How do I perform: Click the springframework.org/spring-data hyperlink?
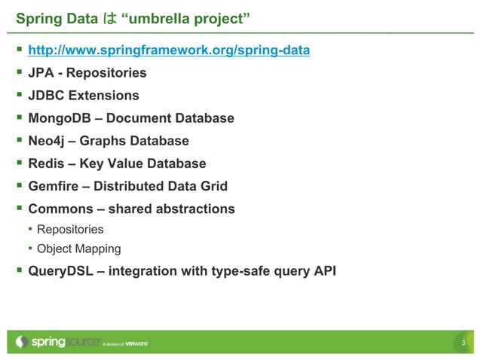[168, 50]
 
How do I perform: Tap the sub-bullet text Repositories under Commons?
[70, 229]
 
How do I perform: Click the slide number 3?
[464, 344]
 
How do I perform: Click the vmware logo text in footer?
[136, 343]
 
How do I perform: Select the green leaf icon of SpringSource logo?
[22, 342]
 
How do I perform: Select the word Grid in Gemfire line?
[212, 186]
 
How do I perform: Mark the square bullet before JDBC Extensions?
[18, 96]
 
